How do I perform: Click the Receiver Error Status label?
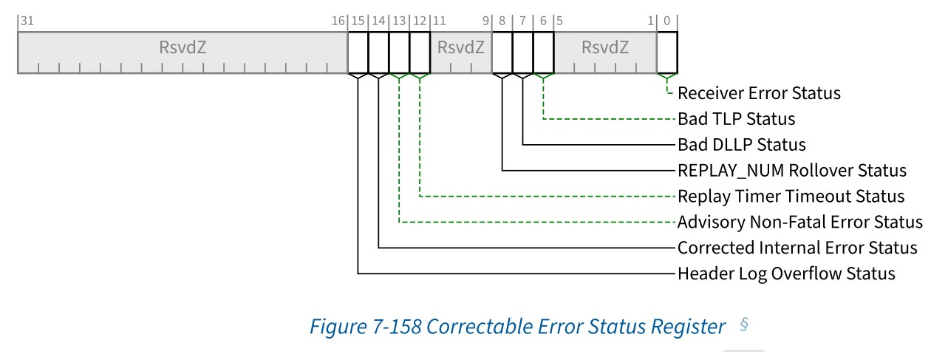click(x=759, y=93)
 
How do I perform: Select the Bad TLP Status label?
click(x=736, y=118)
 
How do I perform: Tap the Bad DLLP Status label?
click(x=741, y=144)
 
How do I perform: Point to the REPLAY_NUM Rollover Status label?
click(x=791, y=171)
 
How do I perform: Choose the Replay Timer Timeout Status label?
click(x=791, y=197)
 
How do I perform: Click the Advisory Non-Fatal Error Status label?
click(x=799, y=222)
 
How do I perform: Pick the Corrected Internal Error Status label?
click(x=797, y=248)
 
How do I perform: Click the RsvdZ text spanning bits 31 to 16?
click(x=183, y=48)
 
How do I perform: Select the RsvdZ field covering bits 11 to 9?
click(x=461, y=48)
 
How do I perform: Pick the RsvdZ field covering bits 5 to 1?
click(x=605, y=48)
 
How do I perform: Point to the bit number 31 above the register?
click(x=27, y=21)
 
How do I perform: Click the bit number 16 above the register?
click(x=338, y=21)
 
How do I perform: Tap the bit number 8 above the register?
click(x=502, y=21)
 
